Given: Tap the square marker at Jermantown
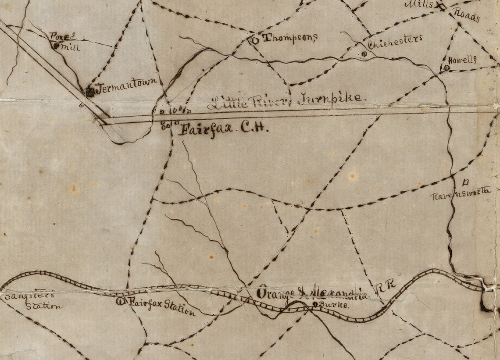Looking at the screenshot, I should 90,92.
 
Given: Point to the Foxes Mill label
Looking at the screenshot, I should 65,41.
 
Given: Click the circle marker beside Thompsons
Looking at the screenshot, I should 254,40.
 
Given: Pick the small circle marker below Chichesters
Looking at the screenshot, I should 364,54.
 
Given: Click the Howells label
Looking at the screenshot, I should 462,60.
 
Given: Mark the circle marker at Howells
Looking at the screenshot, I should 446,68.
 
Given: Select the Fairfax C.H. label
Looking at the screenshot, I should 218,130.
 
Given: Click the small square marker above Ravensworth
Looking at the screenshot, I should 465,181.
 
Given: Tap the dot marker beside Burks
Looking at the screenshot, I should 315,303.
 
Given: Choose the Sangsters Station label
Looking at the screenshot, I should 31,300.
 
